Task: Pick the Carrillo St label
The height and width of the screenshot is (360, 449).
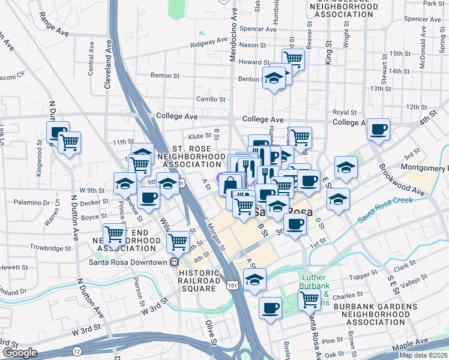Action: [210, 100]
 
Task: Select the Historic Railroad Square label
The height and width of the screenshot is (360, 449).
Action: [199, 281]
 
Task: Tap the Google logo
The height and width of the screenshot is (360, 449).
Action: [20, 353]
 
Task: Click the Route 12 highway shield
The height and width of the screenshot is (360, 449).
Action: [76, 350]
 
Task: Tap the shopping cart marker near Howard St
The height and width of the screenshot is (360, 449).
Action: [293, 59]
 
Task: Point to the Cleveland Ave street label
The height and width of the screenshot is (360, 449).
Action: [108, 65]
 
